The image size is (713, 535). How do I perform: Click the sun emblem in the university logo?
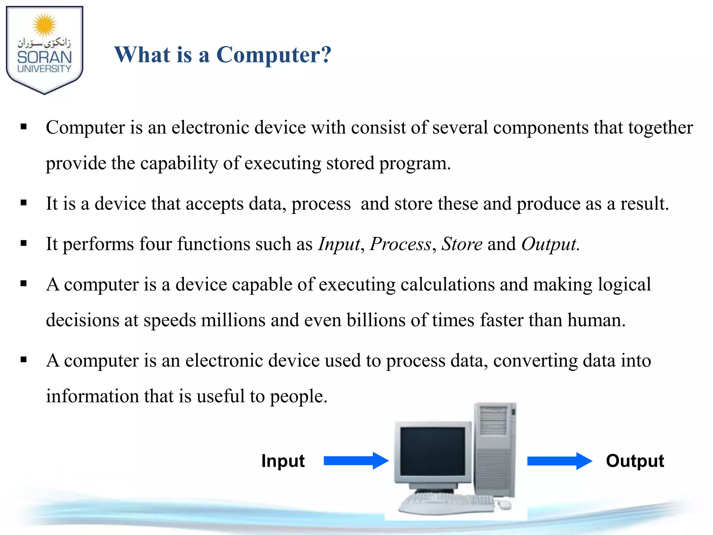(44, 25)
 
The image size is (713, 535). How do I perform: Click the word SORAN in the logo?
(44, 57)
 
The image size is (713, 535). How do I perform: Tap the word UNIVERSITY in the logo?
(44, 69)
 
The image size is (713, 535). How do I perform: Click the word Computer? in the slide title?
(274, 55)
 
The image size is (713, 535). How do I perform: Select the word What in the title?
(142, 55)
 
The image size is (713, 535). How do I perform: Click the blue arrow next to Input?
(356, 461)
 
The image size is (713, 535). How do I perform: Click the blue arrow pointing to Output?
(559, 461)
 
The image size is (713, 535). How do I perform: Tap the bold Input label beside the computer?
(283, 461)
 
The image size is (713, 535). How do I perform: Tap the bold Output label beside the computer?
(635, 461)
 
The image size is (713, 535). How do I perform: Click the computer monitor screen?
(433, 452)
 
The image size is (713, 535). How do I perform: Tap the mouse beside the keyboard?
(504, 504)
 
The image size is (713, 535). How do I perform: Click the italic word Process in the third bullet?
(400, 244)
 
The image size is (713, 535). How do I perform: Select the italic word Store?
(462, 244)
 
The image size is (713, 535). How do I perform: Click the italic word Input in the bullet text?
(339, 244)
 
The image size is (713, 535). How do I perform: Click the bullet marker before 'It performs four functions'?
(24, 243)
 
